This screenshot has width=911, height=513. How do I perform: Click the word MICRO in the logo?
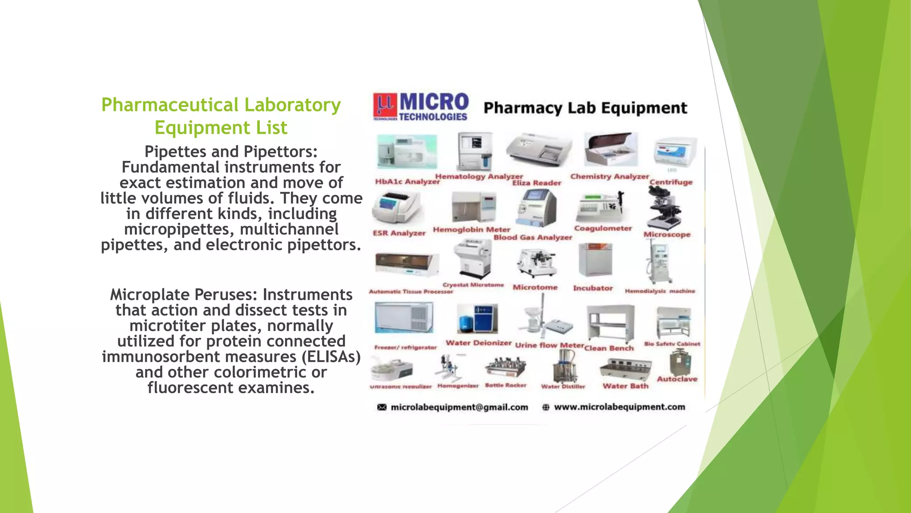pos(434,102)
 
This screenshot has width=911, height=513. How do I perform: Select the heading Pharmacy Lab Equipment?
pos(585,108)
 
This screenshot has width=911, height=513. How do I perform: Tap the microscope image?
pos(665,208)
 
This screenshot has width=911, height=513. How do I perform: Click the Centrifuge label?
pos(671,182)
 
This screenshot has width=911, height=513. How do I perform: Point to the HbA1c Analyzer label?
pos(407,182)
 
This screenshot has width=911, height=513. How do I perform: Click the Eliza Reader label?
pos(536,183)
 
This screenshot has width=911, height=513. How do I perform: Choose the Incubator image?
pos(595,260)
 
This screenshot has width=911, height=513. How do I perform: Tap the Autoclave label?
pos(677,379)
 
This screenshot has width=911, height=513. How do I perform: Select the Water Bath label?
pos(625,386)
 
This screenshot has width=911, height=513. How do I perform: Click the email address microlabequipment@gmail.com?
pos(459,407)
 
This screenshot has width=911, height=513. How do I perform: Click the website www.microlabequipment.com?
pos(619,407)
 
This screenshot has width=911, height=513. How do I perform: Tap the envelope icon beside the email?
pos(382,407)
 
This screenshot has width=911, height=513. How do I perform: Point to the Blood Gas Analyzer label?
pos(532,238)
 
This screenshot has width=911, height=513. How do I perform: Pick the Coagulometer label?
pos(603,228)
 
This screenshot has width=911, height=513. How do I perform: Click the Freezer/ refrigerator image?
pos(404,318)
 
